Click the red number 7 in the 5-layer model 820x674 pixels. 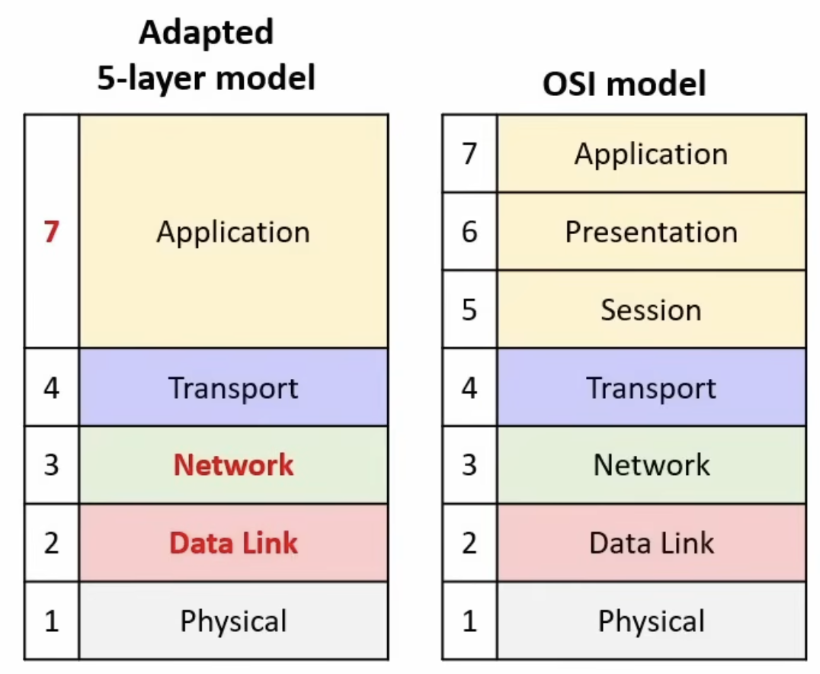coord(51,232)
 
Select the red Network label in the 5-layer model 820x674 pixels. coord(234,464)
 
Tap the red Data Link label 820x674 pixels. coord(234,543)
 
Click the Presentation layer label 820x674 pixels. coord(652,232)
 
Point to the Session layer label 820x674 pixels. coord(651,310)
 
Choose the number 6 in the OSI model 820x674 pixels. coord(469,232)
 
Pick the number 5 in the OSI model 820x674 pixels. coord(469,310)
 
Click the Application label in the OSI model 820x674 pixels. coord(651,155)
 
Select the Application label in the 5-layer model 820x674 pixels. coord(233,233)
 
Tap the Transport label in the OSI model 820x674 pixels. coord(651,389)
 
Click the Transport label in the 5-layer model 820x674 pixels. coord(233,389)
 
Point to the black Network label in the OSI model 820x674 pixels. coord(652,464)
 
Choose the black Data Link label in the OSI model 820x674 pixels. coord(652,543)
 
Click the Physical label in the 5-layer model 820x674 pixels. coord(233,621)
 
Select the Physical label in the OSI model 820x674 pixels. coord(652,621)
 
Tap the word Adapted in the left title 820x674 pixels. coord(206,34)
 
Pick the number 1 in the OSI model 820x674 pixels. coord(469,621)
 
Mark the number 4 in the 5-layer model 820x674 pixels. coord(51,388)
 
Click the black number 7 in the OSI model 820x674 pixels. coord(469,154)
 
